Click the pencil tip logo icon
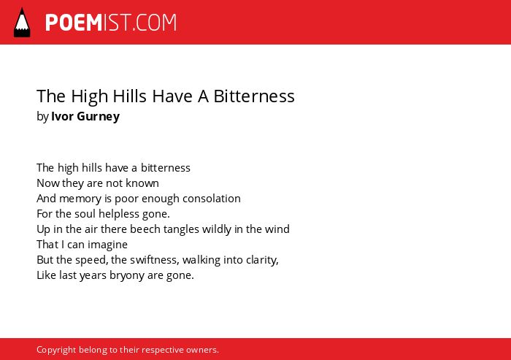point(22,23)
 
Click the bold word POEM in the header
point(74,23)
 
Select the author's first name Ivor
point(63,116)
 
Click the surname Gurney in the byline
point(99,117)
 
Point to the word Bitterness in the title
point(254,96)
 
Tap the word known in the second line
point(142,183)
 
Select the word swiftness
point(155,260)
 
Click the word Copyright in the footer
point(56,350)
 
